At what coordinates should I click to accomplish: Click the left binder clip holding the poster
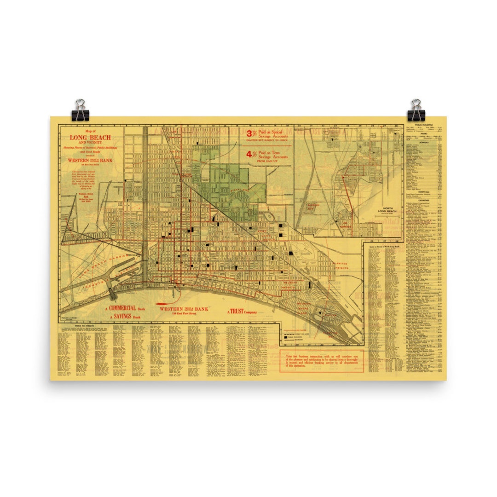pos(81,108)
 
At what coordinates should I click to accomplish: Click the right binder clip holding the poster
pos(416,108)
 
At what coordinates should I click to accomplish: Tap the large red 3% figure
pos(251,133)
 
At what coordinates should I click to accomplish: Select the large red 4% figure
pos(251,155)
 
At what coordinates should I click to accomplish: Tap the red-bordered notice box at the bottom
pos(321,360)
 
